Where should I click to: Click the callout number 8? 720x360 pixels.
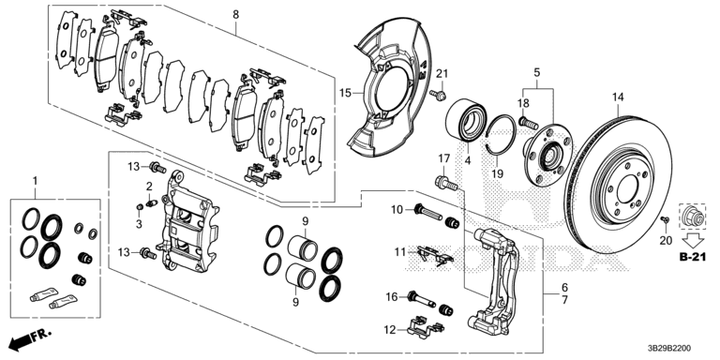(235, 15)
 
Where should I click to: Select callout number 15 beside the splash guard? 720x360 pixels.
(345, 94)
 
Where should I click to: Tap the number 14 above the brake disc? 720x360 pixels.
(618, 97)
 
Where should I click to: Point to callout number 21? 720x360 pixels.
(442, 73)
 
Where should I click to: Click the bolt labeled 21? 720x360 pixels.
(439, 95)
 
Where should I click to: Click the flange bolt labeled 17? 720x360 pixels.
(446, 183)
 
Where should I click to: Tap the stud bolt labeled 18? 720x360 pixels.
(528, 123)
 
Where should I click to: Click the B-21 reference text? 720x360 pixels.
(692, 258)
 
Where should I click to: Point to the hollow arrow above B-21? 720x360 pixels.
(692, 241)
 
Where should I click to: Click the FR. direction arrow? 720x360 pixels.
(30, 337)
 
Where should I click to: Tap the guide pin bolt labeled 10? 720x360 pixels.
(428, 212)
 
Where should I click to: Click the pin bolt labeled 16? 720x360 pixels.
(423, 299)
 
